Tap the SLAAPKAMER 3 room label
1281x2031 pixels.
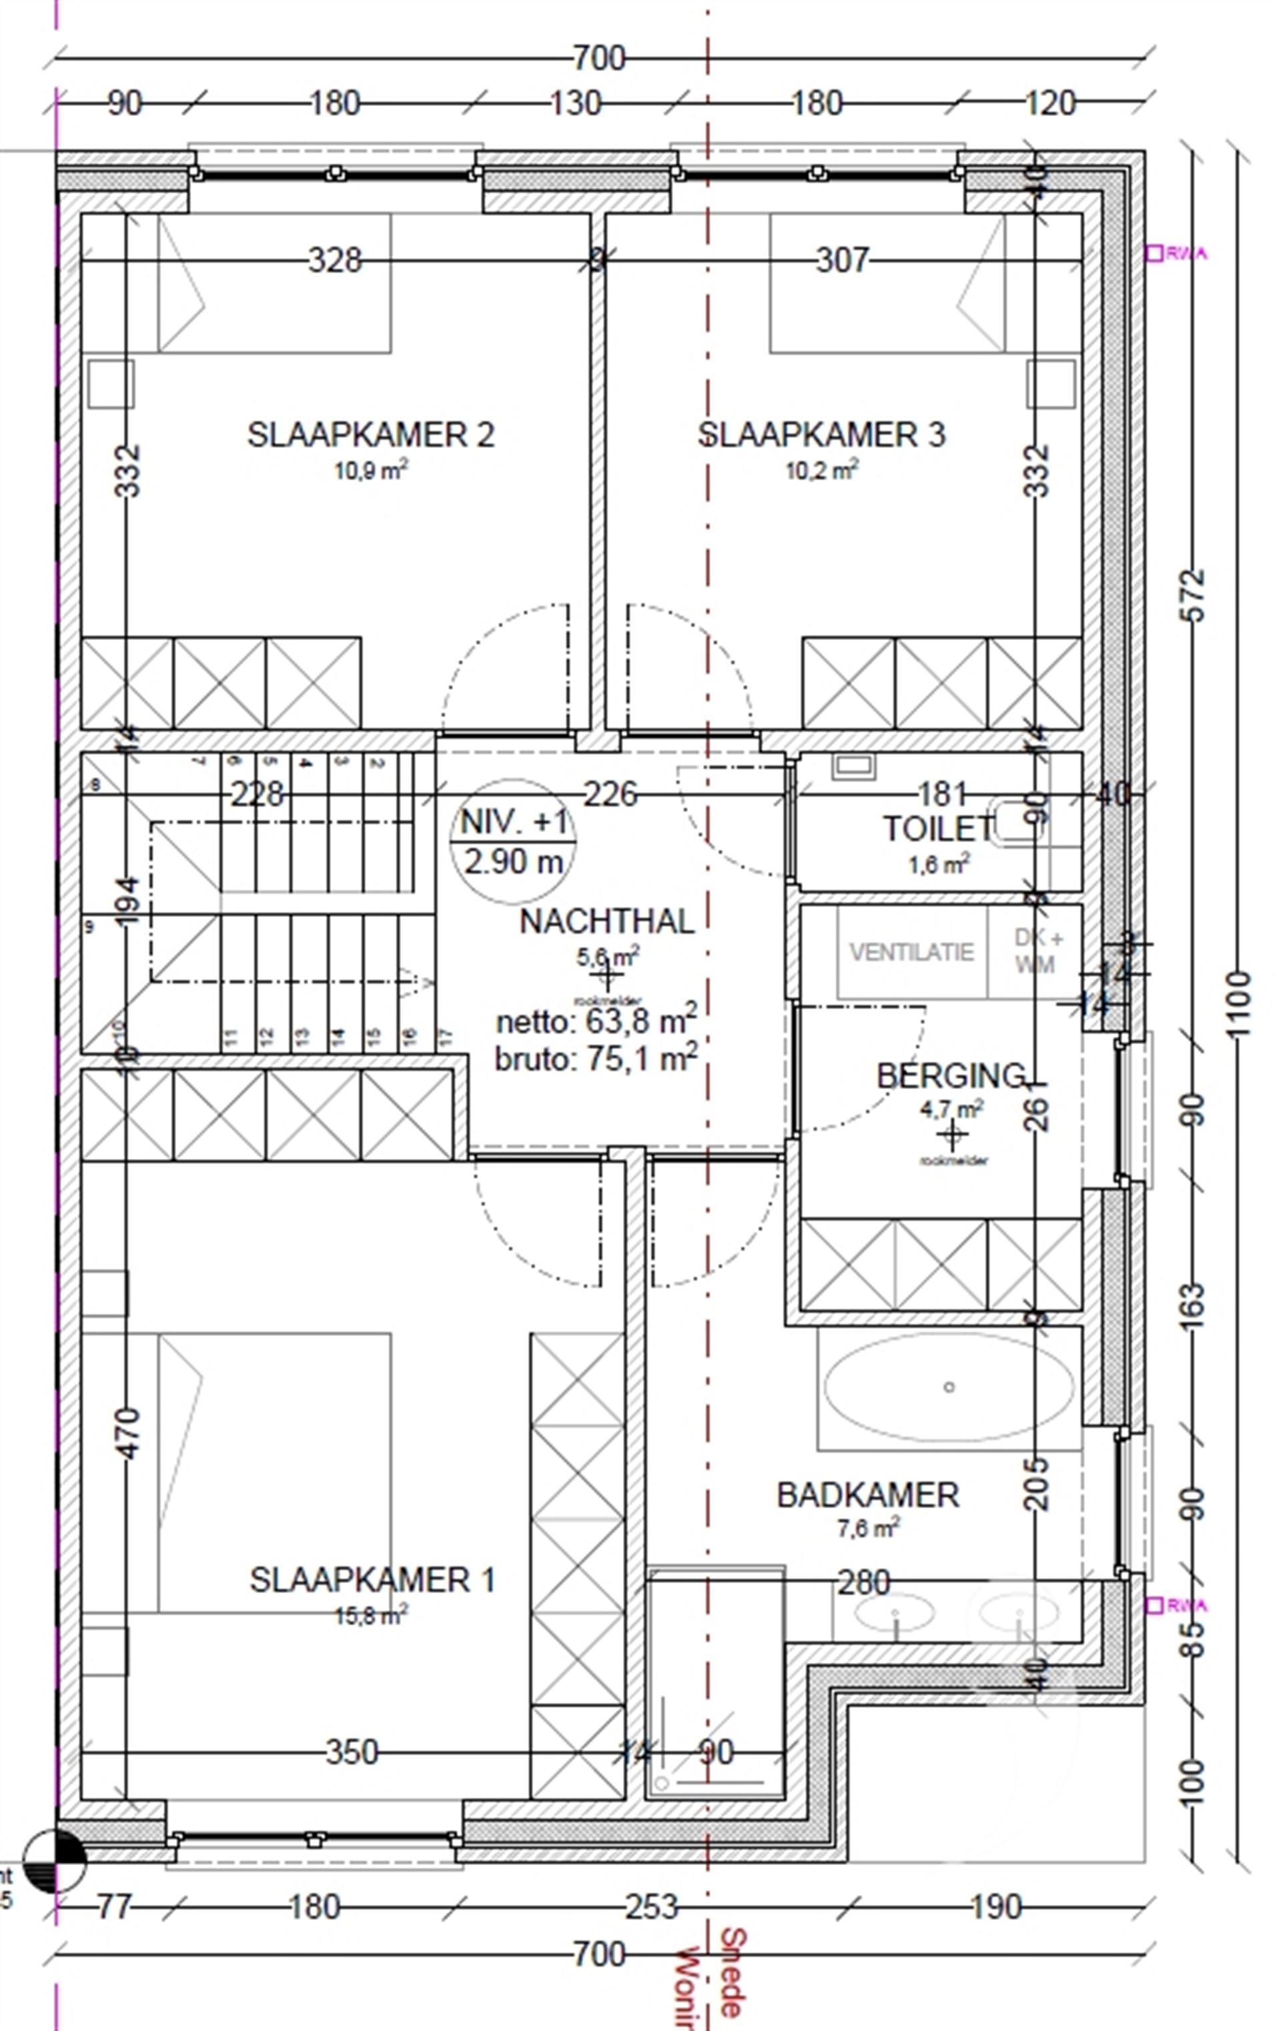821,435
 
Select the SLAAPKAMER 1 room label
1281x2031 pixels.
372,1580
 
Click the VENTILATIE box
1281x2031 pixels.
911,952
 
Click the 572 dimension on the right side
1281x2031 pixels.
1194,595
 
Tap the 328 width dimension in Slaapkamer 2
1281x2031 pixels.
335,260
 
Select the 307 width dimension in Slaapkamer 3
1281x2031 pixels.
841,260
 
